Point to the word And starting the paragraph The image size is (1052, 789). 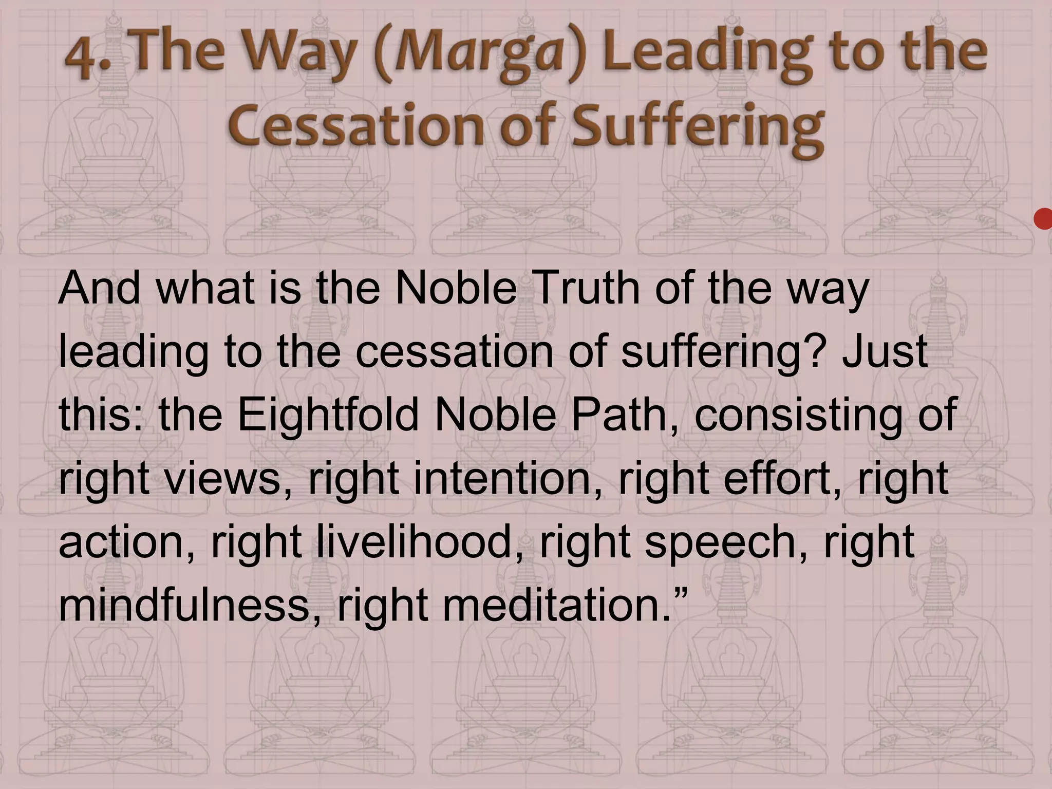coord(99,289)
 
